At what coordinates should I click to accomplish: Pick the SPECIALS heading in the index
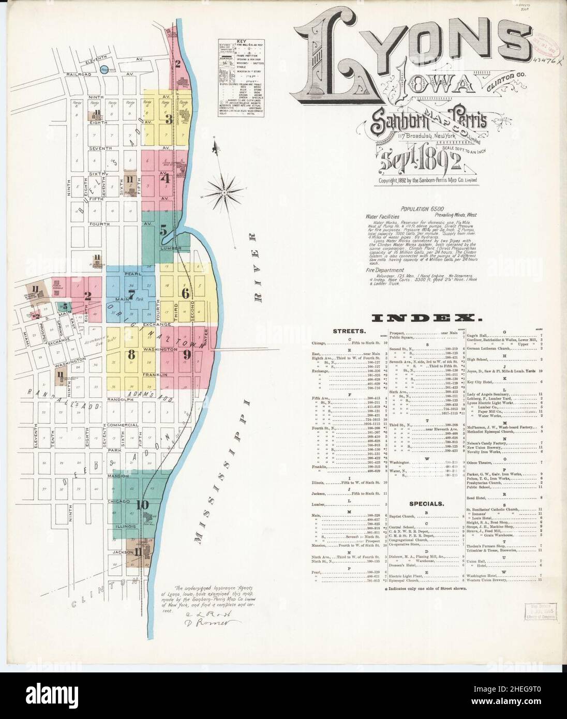[x=427, y=503]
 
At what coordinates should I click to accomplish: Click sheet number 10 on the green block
[x=143, y=504]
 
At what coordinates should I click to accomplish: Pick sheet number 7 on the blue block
[x=131, y=297]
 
